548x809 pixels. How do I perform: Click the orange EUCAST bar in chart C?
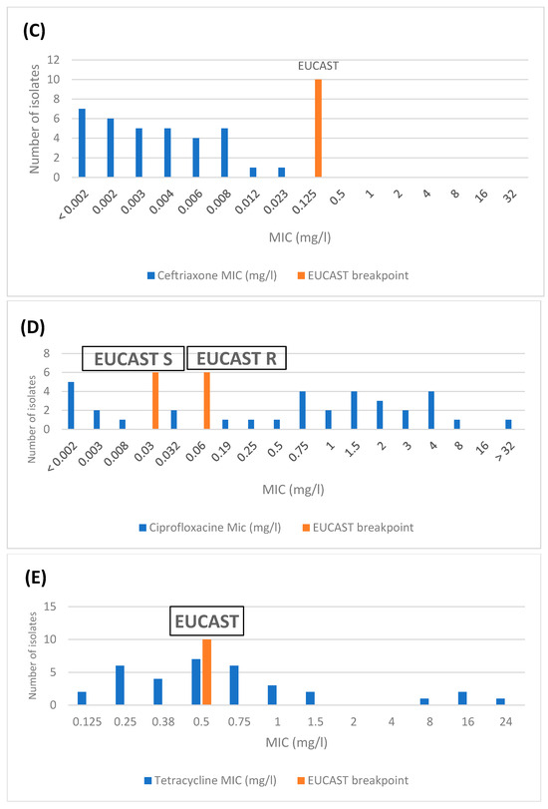click(318, 128)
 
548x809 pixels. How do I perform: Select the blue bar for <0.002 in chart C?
click(82, 143)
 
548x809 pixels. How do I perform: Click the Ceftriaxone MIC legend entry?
click(212, 275)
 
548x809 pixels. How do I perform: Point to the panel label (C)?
click(34, 31)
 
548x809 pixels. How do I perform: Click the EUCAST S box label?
click(133, 358)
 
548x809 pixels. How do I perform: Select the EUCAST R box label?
click(236, 358)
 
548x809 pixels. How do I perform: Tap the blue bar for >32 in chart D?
click(508, 424)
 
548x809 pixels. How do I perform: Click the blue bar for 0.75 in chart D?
click(303, 410)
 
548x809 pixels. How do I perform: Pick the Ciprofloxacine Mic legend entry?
click(210, 528)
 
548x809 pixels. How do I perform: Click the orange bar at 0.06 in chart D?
click(206, 400)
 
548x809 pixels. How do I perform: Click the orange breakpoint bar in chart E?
click(206, 671)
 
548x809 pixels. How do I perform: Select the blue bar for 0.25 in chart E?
click(121, 685)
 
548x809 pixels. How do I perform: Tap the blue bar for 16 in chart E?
click(462, 698)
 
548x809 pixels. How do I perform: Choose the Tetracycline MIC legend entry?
click(210, 780)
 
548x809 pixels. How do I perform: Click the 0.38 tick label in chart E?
click(163, 721)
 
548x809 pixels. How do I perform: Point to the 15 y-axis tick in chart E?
click(50, 607)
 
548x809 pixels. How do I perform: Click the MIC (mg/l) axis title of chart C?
click(300, 237)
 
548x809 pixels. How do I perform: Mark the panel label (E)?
click(36, 578)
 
